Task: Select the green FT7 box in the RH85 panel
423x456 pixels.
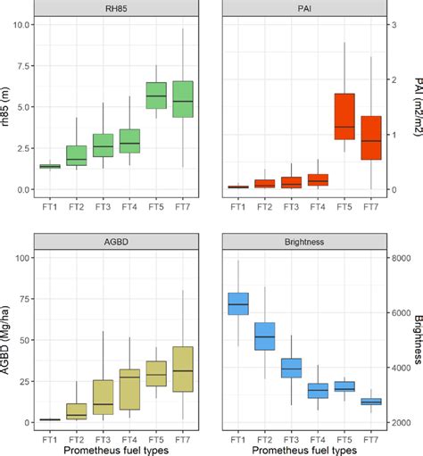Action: click(x=182, y=99)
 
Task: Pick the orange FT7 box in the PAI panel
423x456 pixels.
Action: click(x=370, y=137)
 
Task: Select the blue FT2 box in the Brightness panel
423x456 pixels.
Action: click(x=265, y=336)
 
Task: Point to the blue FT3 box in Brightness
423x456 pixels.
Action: click(x=291, y=368)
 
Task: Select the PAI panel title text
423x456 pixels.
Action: click(x=304, y=11)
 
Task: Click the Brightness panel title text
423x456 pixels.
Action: click(x=304, y=241)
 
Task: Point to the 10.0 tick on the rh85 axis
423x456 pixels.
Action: click(x=18, y=24)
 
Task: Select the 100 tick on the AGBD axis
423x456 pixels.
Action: click(x=20, y=258)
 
